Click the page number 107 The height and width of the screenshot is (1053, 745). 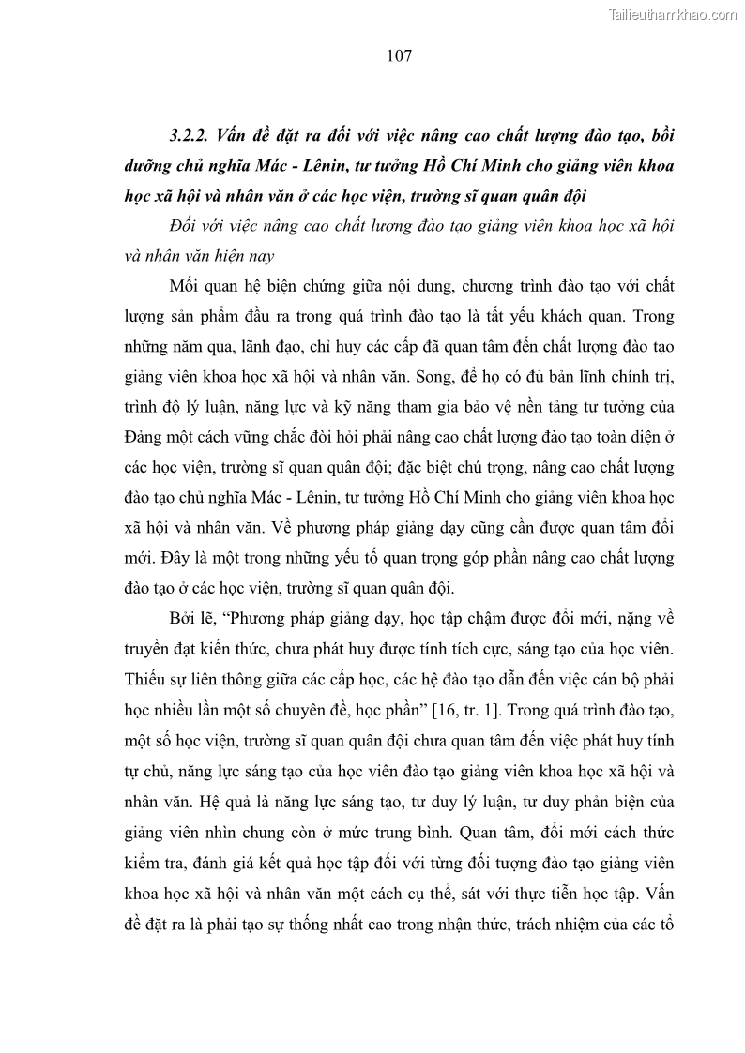tap(399, 56)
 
